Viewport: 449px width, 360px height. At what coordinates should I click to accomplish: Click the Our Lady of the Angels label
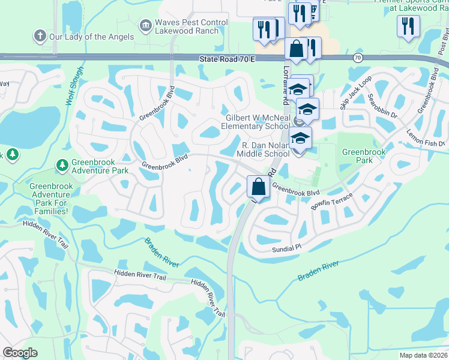click(x=91, y=37)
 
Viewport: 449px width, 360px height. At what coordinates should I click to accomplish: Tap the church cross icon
click(x=40, y=36)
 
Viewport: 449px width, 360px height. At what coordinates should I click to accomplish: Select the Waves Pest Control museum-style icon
click(x=145, y=26)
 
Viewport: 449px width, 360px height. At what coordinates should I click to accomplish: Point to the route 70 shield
click(x=358, y=58)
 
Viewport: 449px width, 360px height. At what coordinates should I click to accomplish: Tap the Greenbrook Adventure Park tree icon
click(x=62, y=164)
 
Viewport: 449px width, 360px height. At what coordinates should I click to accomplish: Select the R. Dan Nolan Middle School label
click(x=266, y=149)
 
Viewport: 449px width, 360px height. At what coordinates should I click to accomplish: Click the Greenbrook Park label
click(x=364, y=157)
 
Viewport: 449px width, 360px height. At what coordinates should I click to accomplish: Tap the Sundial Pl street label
click(x=285, y=248)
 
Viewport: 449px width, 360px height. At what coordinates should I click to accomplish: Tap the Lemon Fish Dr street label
click(x=426, y=139)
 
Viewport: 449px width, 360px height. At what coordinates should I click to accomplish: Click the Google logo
click(x=20, y=353)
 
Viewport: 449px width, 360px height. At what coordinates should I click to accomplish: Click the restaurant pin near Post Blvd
click(x=408, y=26)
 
